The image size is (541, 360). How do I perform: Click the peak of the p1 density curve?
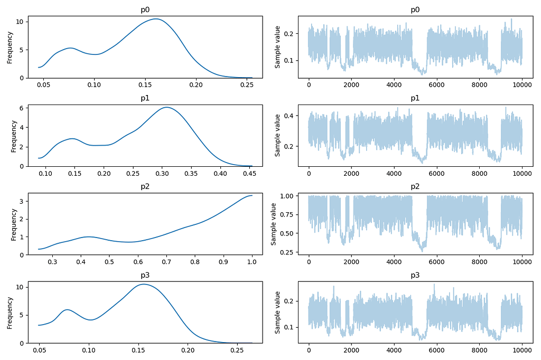(166, 107)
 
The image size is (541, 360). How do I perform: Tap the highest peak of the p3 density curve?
(143, 284)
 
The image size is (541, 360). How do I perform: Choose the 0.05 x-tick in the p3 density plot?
(40, 350)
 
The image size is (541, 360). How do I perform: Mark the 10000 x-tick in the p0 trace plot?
(522, 84)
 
